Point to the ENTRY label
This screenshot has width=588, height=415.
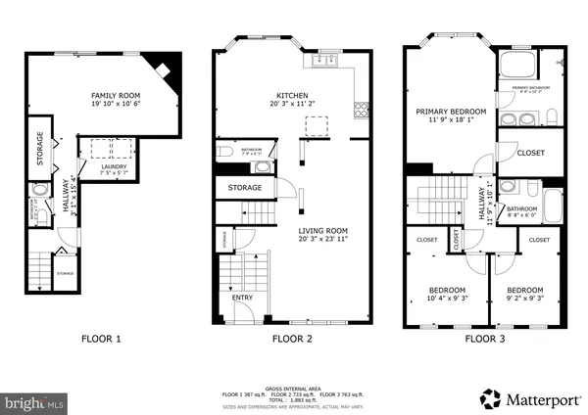[240, 297]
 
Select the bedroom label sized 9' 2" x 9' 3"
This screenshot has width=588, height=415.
[523, 291]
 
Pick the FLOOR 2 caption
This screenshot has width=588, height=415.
[292, 340]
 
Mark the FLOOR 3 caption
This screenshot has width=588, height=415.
[484, 340]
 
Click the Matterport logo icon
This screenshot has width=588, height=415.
[486, 397]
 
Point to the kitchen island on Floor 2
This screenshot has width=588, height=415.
[317, 125]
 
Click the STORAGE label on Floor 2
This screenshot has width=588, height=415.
[245, 187]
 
